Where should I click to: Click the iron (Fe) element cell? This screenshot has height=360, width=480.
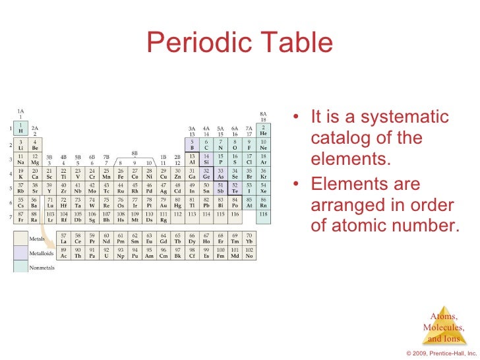(x=120, y=173)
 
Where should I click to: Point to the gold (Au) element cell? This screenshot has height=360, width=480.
(x=164, y=203)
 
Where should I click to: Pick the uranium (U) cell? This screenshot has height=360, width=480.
(x=106, y=254)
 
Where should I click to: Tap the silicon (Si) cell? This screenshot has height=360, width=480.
(x=206, y=158)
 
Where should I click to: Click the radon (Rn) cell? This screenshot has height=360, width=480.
(x=264, y=203)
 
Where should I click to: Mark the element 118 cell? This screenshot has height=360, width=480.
(x=264, y=215)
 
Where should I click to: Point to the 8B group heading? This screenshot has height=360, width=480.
(x=135, y=152)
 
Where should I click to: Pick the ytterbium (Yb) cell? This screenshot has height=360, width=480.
(x=249, y=239)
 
